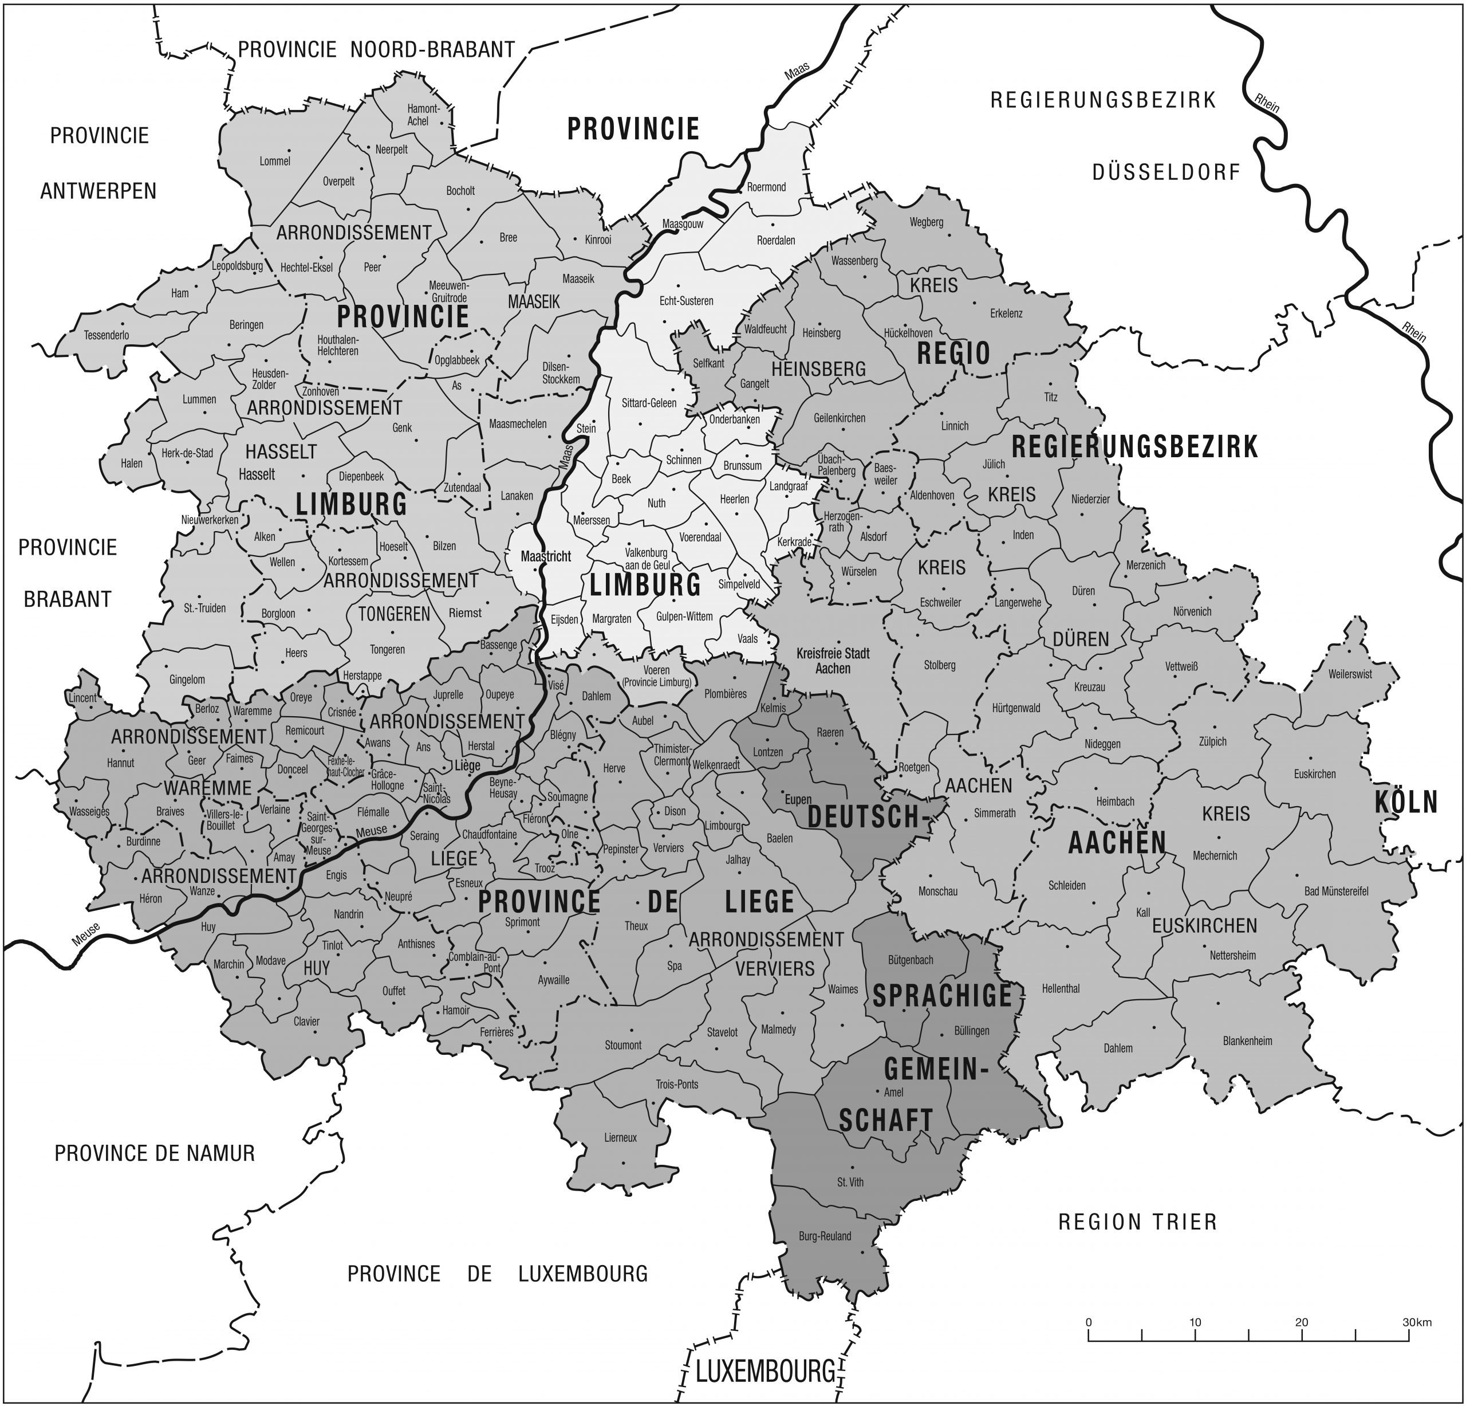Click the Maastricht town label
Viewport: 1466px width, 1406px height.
tap(545, 557)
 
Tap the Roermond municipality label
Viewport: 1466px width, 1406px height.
tap(766, 187)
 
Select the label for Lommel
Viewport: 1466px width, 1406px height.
tap(274, 161)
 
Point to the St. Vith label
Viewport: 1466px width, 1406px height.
tap(850, 1183)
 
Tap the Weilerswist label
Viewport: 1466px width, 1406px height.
tap(1350, 674)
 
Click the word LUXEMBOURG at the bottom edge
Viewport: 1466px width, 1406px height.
tap(764, 1372)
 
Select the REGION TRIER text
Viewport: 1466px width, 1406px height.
tap(1137, 1222)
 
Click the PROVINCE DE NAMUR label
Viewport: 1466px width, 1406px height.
tap(154, 1153)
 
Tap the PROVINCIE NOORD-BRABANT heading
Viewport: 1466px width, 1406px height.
tap(376, 49)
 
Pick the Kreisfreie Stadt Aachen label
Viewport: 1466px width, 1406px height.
tap(833, 661)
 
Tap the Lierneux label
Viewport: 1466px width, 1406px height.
tap(620, 1137)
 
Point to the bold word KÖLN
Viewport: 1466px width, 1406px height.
tap(1405, 802)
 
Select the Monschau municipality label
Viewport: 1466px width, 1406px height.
tap(937, 891)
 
